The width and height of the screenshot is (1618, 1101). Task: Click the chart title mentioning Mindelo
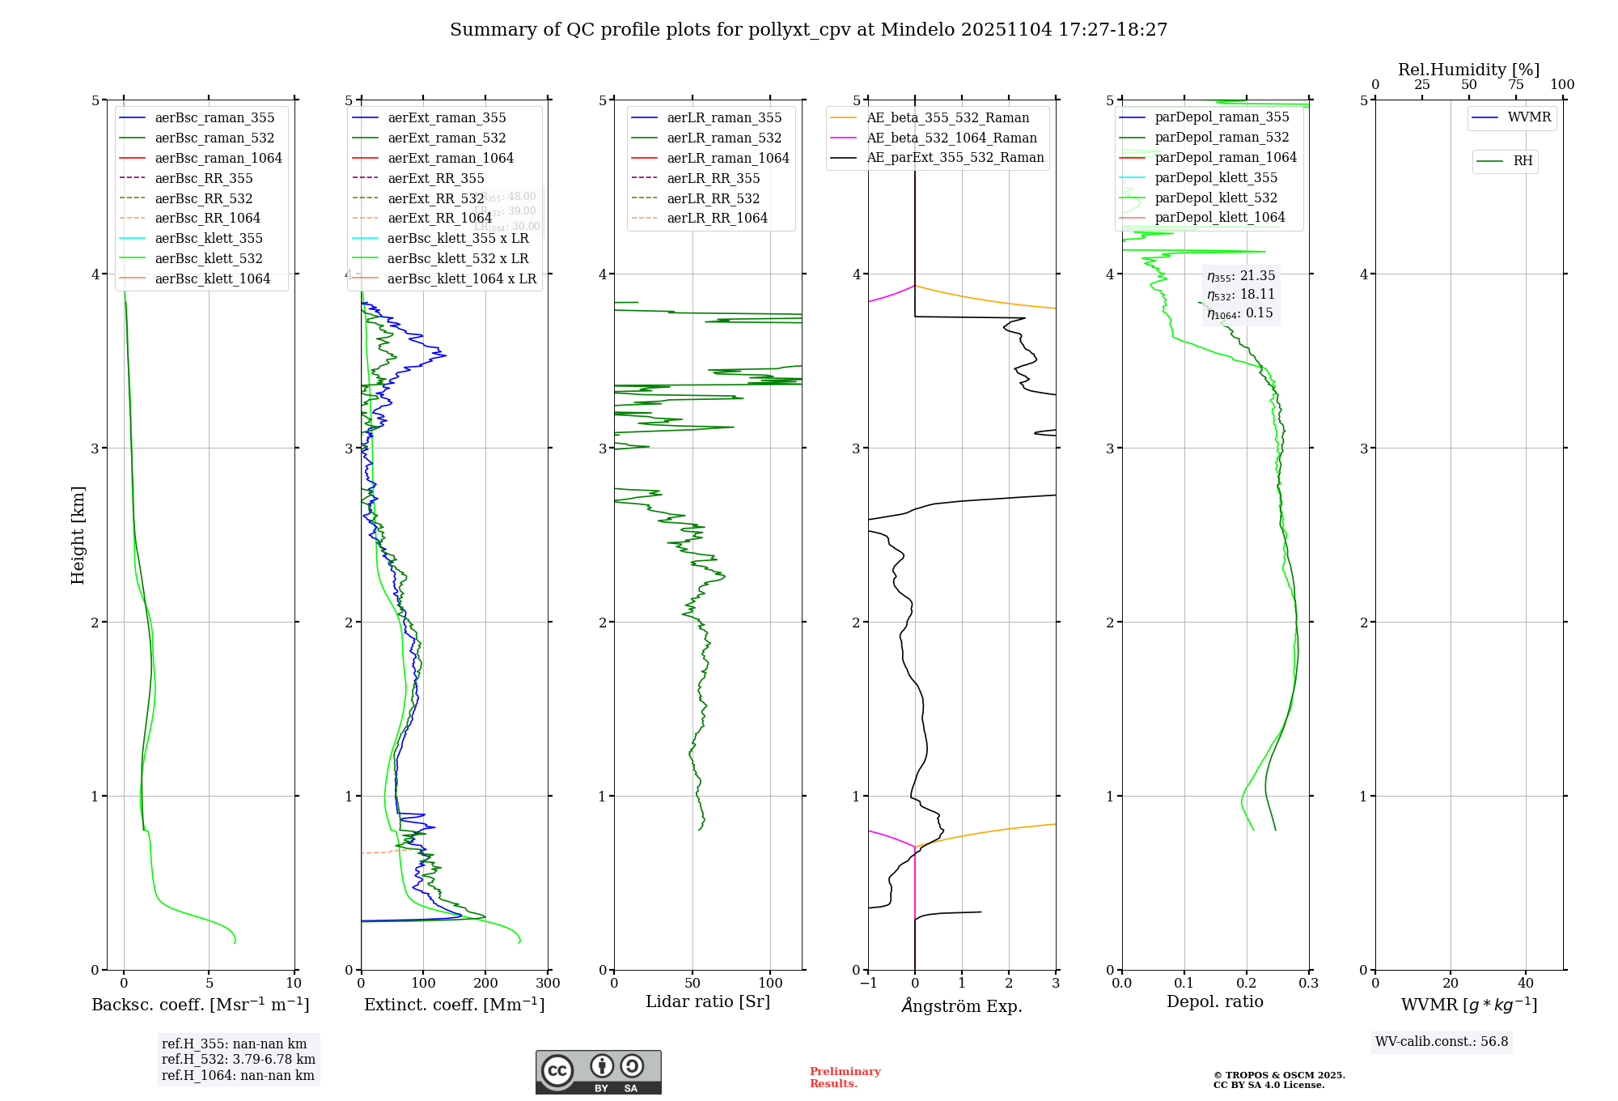[808, 30]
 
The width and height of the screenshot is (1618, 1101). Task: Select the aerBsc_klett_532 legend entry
[208, 258]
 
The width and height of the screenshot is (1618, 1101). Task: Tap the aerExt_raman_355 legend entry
[447, 118]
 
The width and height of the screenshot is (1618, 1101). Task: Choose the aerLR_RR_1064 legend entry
[717, 218]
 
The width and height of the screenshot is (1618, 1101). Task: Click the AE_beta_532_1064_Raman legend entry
[951, 138]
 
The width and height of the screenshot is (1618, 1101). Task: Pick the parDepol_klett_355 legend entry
[1216, 177]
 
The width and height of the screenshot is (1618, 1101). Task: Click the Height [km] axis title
[78, 535]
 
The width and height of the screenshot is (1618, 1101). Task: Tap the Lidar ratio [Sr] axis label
[708, 1001]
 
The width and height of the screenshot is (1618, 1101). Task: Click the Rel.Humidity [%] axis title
[1468, 70]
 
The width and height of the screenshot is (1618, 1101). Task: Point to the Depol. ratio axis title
[1214, 1001]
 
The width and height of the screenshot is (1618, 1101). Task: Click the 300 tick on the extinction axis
[548, 984]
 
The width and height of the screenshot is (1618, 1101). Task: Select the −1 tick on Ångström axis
[868, 984]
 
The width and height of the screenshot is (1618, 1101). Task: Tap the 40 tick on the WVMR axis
[1526, 984]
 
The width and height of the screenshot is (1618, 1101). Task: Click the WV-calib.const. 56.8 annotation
[1442, 1042]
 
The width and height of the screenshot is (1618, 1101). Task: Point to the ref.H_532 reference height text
[238, 1060]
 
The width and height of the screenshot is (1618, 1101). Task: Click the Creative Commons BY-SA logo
[598, 1072]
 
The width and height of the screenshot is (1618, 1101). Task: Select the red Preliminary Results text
[845, 1078]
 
